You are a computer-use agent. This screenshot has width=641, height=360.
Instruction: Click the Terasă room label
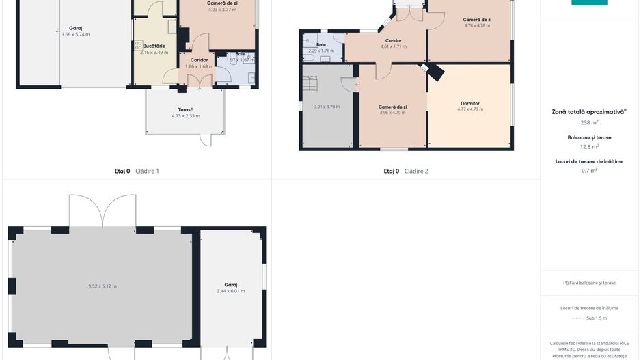pos(186,110)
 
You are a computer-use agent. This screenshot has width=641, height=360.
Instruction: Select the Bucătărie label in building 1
pos(154,46)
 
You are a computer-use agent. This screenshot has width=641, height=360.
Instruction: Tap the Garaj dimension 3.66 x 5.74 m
pos(75,34)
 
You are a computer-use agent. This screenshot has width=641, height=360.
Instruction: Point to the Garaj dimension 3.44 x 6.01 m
pos(230,291)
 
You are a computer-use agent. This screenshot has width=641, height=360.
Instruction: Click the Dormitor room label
pos(470,103)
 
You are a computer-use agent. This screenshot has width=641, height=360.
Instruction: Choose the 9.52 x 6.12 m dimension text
pos(103,286)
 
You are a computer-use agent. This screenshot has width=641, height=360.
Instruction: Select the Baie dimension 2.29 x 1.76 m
pos(321,51)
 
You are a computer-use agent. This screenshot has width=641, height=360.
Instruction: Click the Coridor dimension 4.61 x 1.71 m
pos(393,46)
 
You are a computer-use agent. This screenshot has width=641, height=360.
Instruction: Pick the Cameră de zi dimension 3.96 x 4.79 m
pos(393,113)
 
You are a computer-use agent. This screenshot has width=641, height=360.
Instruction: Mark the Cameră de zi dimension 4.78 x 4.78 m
pos(478,25)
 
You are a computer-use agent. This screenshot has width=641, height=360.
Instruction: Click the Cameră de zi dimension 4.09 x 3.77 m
pos(222,10)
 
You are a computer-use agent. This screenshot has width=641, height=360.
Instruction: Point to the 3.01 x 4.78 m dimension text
pos(327,107)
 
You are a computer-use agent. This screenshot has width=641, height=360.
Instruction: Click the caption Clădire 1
pos(148,171)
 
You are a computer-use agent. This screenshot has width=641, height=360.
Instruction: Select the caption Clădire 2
pos(416,171)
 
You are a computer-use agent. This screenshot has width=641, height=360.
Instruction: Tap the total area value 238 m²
pos(589,122)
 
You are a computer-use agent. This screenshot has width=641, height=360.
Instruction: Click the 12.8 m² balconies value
pos(589,146)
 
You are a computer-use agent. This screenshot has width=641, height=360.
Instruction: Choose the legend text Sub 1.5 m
pos(597,318)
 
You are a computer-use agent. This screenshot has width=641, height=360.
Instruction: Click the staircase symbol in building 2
pos(312,85)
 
